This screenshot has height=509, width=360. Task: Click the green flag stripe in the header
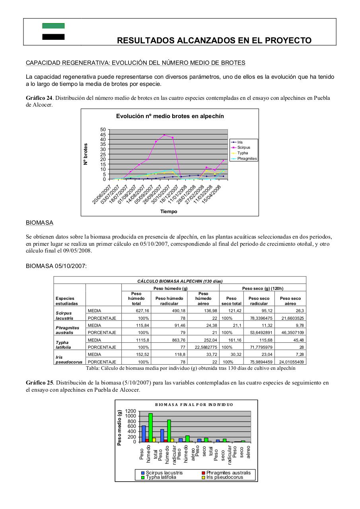53,26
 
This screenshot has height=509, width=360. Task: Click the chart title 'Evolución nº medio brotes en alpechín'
170,116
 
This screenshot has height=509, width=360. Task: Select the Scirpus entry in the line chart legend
243,148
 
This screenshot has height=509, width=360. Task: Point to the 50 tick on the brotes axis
103,130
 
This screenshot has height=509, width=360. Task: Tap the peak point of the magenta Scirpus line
164,135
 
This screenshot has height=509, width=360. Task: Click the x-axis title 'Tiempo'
169,212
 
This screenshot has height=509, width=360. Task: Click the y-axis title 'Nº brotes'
86,154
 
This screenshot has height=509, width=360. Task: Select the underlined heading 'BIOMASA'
39,223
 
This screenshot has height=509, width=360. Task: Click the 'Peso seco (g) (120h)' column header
263,288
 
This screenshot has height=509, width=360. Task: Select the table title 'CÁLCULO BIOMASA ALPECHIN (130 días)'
180,281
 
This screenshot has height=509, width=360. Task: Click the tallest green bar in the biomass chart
150,427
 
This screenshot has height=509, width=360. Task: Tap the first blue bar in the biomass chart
144,433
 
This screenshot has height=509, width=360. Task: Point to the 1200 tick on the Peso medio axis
130,411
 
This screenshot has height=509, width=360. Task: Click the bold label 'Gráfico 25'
39,383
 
